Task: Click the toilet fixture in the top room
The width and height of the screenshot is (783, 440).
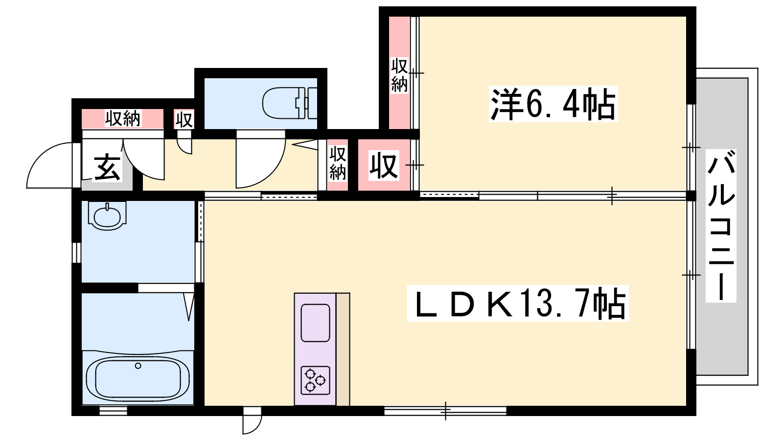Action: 290,103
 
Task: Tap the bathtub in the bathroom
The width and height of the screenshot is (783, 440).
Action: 138,378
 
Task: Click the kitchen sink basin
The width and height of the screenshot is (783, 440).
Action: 315,323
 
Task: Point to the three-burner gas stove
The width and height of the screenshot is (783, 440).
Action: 315,380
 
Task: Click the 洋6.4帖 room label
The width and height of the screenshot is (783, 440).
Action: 553,104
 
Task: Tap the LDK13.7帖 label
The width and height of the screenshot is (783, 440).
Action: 518,303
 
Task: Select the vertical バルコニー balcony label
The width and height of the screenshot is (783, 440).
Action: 721,225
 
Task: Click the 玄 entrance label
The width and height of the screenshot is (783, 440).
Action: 107,168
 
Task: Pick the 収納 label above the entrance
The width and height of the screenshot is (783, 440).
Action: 123,118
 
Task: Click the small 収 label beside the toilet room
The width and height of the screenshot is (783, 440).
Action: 184,120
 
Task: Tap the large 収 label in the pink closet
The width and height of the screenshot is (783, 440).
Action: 384,165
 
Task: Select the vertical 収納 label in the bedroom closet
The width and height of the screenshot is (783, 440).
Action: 399,75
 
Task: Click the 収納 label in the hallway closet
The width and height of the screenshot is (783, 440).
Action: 338,163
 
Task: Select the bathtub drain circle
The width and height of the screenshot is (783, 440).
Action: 138,366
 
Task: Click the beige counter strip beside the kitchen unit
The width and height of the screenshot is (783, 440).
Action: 343,349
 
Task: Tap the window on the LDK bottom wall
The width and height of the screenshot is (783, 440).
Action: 445,411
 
